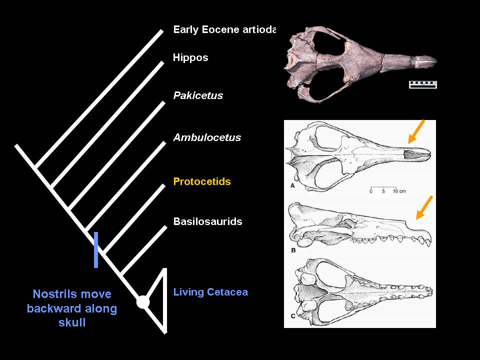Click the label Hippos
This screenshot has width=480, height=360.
click(x=190, y=57)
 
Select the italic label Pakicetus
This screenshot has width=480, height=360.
click(x=198, y=95)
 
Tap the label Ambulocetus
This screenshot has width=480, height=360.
click(x=207, y=137)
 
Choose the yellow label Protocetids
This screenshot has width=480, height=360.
click(x=202, y=181)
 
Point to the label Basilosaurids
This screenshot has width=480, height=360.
click(x=207, y=221)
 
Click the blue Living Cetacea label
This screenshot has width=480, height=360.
click(x=210, y=292)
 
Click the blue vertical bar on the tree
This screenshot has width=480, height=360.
click(x=96, y=249)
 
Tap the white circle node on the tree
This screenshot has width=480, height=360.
click(x=143, y=302)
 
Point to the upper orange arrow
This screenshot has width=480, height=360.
click(x=416, y=131)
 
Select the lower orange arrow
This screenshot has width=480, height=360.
click(x=424, y=207)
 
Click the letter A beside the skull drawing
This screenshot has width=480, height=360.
click(x=291, y=186)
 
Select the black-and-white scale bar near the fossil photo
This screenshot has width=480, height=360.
click(x=423, y=84)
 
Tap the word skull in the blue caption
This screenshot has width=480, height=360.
click(x=72, y=322)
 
